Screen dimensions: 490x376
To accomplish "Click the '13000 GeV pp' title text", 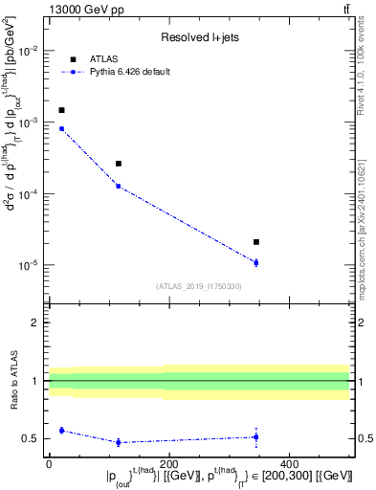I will [83, 9].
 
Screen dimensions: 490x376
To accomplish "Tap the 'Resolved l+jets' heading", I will [198, 37].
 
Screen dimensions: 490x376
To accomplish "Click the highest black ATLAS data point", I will [61, 110].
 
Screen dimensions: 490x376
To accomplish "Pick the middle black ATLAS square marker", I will [119, 164].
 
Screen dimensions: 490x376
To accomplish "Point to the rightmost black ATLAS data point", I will [256, 242].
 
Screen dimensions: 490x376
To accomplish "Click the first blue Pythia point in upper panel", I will [61, 128].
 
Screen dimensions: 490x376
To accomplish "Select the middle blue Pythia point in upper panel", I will [119, 186].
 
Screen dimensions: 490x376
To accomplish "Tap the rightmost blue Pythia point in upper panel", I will [256, 262].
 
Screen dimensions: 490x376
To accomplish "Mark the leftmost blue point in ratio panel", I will [61, 431].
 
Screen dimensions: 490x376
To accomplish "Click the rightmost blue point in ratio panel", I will [256, 437].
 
